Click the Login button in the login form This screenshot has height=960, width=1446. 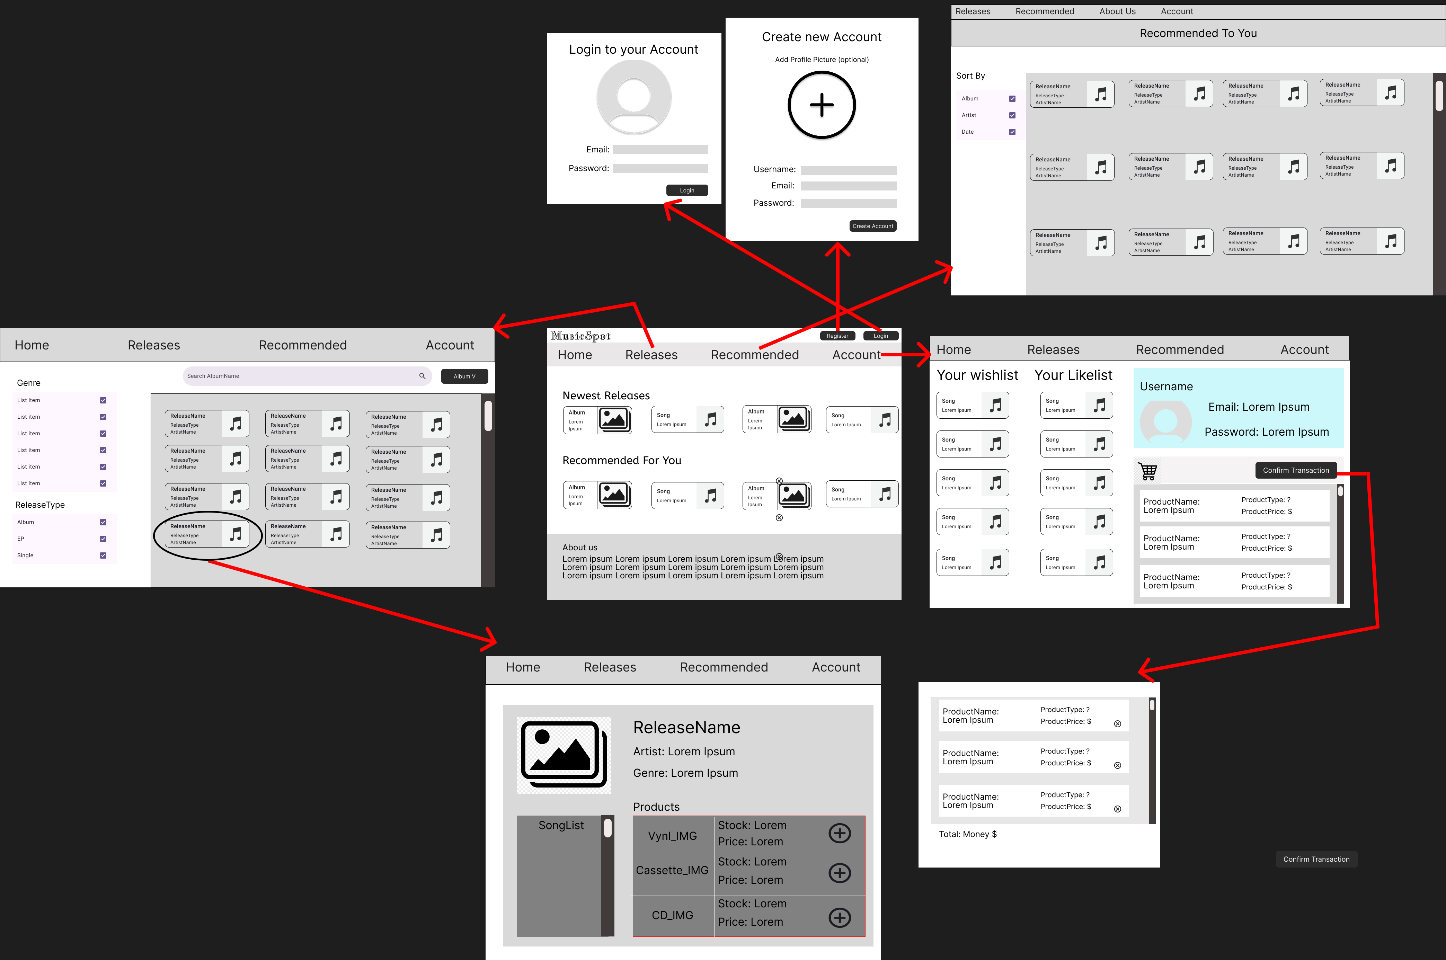[687, 190]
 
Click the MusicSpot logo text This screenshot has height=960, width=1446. [581, 336]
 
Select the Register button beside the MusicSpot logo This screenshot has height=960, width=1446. [837, 336]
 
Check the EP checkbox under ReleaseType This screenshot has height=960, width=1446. [103, 539]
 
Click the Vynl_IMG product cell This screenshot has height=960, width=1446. [673, 834]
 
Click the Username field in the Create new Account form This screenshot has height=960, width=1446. [849, 171]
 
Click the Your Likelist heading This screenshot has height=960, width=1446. [1073, 375]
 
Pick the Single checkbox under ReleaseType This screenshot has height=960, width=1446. [103, 555]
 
